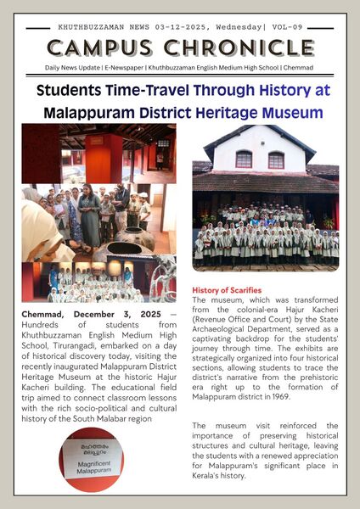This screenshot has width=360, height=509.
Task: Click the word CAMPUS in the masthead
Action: click(x=104, y=48)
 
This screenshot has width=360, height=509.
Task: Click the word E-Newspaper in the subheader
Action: click(x=131, y=65)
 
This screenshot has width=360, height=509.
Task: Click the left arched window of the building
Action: click(x=244, y=159)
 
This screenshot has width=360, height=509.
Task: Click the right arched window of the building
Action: click(x=276, y=159)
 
